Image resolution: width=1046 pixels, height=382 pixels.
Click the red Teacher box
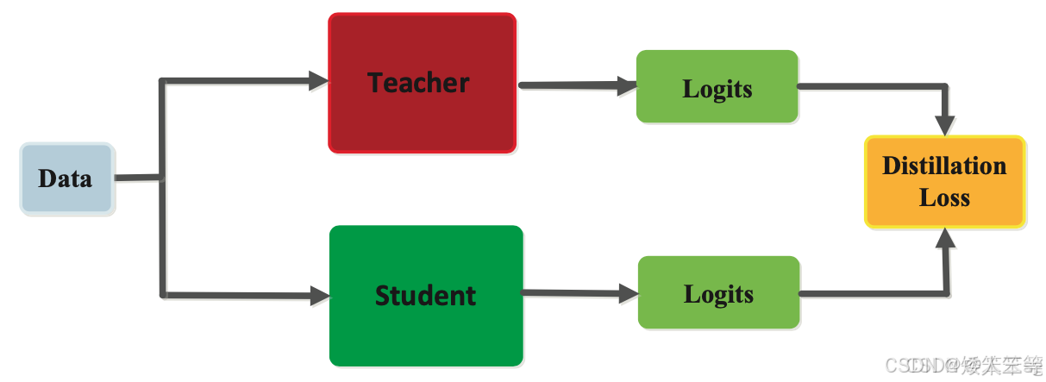422,121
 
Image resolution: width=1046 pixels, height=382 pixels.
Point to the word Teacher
418,83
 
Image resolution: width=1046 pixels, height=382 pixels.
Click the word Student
425,296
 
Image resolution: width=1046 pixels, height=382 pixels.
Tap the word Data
65,178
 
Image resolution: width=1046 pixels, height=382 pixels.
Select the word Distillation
944,166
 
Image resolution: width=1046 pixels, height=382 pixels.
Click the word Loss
944,197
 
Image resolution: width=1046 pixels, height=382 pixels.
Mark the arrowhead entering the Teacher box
319,81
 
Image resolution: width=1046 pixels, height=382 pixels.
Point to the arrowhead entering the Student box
320,296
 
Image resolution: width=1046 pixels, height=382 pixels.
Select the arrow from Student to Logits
573,293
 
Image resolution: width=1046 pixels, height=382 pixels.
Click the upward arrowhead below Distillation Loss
946,239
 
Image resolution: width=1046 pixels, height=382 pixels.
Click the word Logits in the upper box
717,89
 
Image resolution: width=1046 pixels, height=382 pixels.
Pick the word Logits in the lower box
718,294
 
